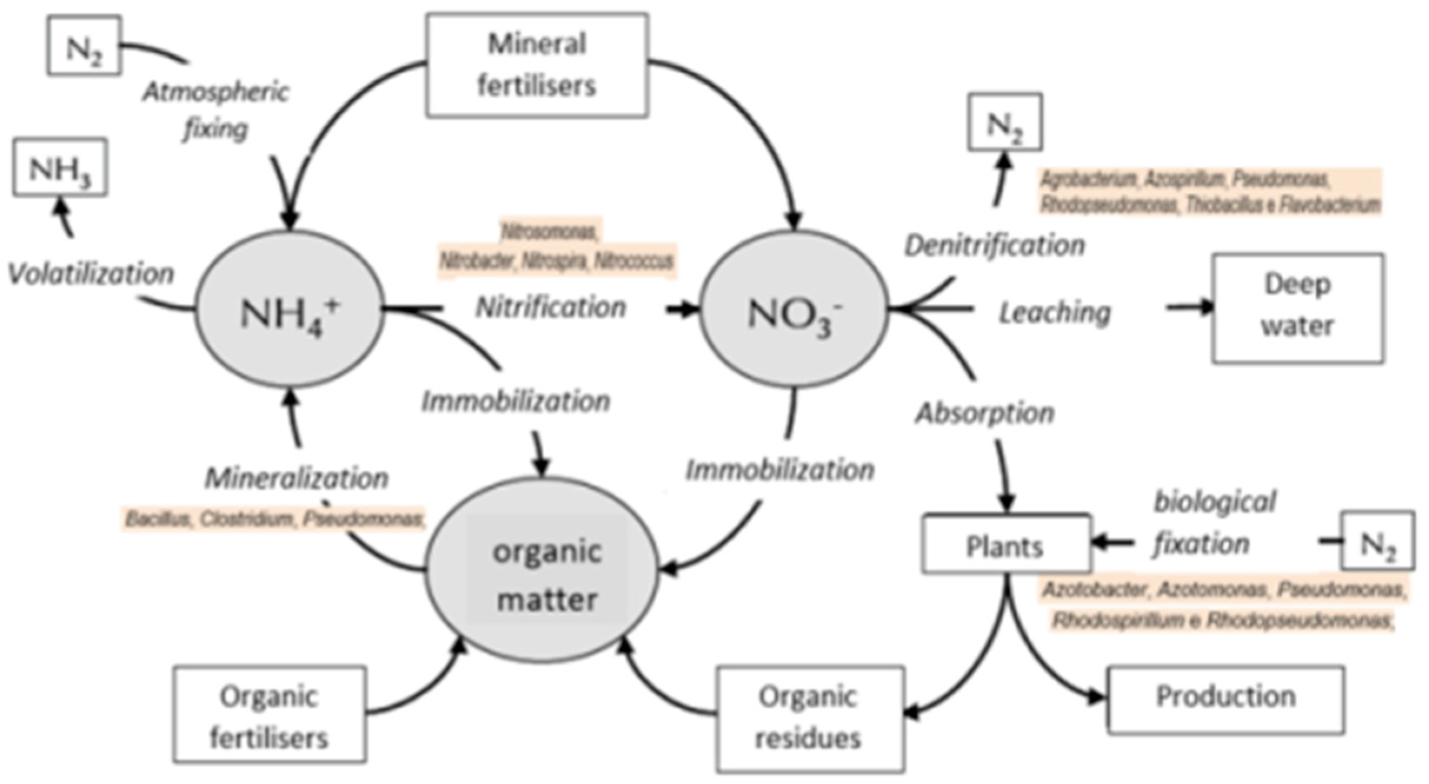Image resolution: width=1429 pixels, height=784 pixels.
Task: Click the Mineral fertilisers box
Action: tap(537, 65)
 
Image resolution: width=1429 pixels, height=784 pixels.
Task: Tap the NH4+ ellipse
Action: tap(289, 310)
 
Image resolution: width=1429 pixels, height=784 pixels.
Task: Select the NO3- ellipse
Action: tap(793, 310)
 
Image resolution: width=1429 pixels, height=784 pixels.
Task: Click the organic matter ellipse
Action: tap(541, 570)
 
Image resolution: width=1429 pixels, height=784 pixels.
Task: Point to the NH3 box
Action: tap(60, 167)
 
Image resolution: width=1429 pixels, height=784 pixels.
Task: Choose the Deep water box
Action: tap(1297, 308)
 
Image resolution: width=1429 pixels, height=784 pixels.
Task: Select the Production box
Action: tap(1225, 699)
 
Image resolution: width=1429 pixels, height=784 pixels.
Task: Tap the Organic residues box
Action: tap(810, 718)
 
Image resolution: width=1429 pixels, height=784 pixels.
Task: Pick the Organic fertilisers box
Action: tap(269, 714)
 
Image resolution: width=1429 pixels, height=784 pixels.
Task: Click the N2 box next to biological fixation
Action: tap(1377, 540)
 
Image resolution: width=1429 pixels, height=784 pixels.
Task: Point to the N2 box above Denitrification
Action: tap(1004, 122)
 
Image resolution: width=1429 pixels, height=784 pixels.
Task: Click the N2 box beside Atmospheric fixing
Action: tap(84, 46)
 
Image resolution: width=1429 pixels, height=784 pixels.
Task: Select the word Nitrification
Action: tap(551, 307)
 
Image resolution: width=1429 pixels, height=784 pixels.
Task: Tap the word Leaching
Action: tap(1055, 313)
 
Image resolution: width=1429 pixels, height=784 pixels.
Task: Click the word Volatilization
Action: tap(91, 274)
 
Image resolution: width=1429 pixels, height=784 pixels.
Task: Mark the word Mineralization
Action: tap(297, 478)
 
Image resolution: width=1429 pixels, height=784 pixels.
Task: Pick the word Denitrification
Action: tap(994, 245)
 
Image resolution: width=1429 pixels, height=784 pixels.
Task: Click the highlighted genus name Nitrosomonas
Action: tap(549, 232)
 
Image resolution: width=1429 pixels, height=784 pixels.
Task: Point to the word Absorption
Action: tap(984, 413)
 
